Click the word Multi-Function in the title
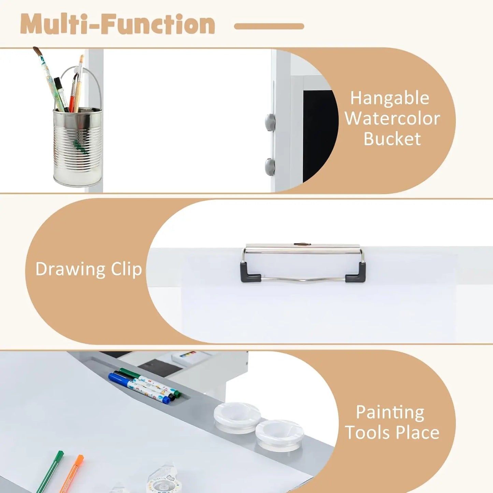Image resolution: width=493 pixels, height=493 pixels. [x=118, y=25]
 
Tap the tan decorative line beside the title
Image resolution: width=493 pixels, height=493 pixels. [x=269, y=27]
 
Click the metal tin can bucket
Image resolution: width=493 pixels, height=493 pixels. [x=78, y=147]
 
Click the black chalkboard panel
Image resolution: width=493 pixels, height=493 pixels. [x=319, y=133]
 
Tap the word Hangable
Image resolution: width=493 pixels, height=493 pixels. [x=390, y=98]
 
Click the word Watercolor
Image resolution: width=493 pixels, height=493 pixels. [x=392, y=118]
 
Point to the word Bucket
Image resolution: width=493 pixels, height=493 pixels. [x=392, y=139]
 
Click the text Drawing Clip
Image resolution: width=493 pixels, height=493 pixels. [x=88, y=269]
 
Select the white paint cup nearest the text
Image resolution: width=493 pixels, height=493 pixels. [x=279, y=434]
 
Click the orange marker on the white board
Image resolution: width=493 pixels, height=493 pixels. [x=72, y=474]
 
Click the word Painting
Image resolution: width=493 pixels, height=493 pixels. [x=390, y=412]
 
